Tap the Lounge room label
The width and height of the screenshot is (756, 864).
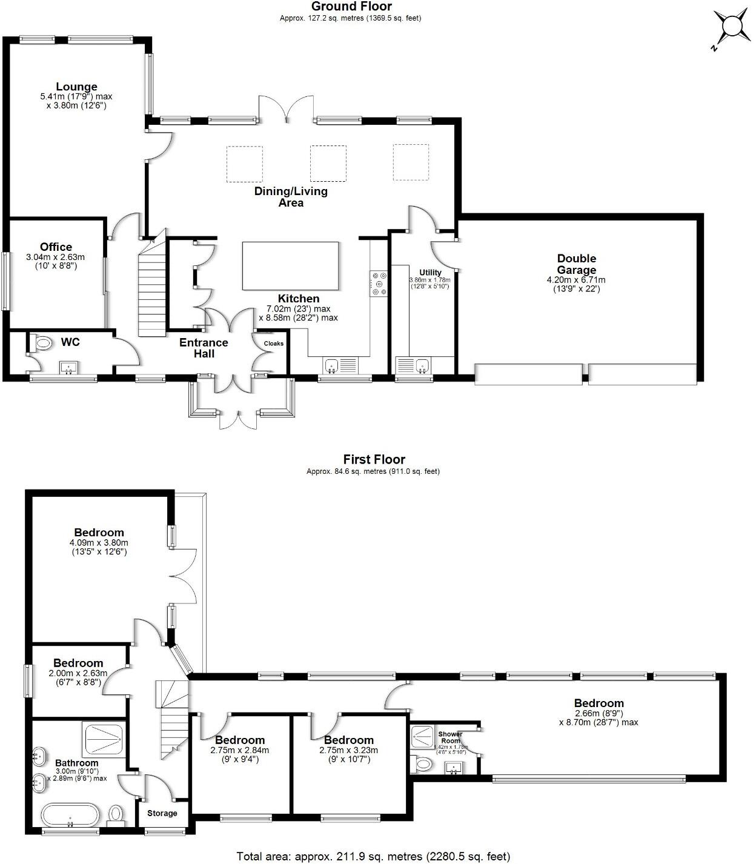(76, 87)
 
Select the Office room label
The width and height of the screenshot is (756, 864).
(56, 247)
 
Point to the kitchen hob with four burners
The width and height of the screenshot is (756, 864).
(380, 284)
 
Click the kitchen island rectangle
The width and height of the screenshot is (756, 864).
(290, 266)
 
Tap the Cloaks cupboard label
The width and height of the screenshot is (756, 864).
(273, 344)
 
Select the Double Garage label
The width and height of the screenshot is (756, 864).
(576, 264)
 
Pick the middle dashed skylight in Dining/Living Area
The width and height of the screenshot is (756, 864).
(328, 163)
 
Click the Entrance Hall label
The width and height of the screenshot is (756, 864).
(204, 348)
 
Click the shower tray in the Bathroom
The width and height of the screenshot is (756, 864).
(104, 739)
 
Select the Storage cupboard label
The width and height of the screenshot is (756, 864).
(162, 813)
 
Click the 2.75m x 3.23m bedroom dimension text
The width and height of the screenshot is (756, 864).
(348, 750)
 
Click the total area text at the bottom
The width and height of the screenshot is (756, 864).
(373, 856)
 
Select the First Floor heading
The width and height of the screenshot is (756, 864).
(374, 460)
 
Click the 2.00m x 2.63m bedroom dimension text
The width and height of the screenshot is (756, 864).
(78, 673)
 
